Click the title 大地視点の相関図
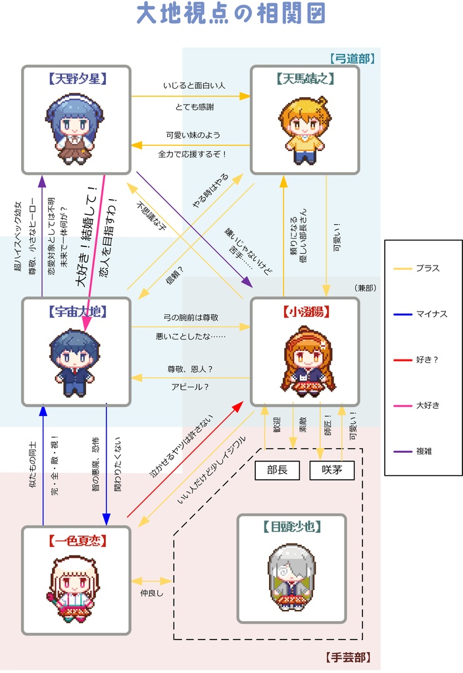[231, 14]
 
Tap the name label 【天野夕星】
[76, 79]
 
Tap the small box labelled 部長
[277, 470]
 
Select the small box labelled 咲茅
[332, 470]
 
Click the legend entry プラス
[427, 268]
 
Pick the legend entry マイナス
[431, 314]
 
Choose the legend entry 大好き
[428, 406]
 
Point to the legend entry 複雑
[424, 452]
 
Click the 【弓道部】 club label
[352, 59]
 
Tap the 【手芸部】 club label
[348, 657]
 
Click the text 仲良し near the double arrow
[151, 593]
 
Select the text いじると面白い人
[194, 85]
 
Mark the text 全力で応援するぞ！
[193, 154]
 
